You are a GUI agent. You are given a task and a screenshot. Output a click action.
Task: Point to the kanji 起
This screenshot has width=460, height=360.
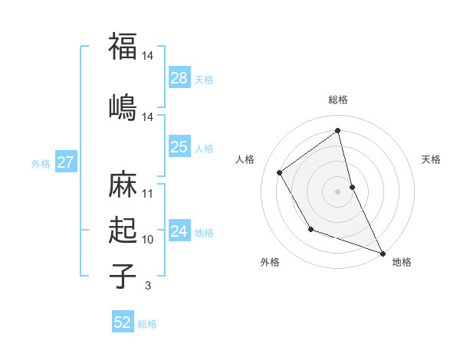point(123,230)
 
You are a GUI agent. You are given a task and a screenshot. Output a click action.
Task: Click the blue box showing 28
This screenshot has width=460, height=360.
point(179,77)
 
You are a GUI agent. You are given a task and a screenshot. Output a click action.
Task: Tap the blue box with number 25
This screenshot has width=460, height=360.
point(179,147)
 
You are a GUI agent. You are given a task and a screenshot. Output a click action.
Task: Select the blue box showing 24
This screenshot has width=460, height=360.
point(179,231)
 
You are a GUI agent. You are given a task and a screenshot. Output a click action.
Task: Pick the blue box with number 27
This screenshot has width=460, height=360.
point(65,162)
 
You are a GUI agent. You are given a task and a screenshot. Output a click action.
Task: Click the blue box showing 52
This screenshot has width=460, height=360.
point(123,322)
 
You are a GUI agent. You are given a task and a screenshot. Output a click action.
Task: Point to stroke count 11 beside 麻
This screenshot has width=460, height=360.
point(148,193)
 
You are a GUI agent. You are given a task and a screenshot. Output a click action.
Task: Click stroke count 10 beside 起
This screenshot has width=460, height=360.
point(148,240)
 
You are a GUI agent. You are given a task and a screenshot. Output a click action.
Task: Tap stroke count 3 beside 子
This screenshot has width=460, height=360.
point(148,286)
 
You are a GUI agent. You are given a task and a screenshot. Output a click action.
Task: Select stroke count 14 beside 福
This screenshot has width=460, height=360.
point(148,56)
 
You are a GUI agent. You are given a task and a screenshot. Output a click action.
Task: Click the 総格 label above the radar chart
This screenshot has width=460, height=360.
point(338,100)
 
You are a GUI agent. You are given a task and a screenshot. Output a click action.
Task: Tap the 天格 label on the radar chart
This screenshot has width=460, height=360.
point(432,159)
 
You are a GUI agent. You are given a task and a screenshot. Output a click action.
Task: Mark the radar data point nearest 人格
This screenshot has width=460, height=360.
point(280,173)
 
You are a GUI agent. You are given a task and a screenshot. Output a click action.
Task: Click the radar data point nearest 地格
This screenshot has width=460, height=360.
point(383,253)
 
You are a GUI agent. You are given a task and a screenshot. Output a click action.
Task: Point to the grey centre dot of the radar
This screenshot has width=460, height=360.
point(338,191)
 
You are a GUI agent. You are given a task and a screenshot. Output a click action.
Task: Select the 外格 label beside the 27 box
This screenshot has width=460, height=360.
point(41,163)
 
